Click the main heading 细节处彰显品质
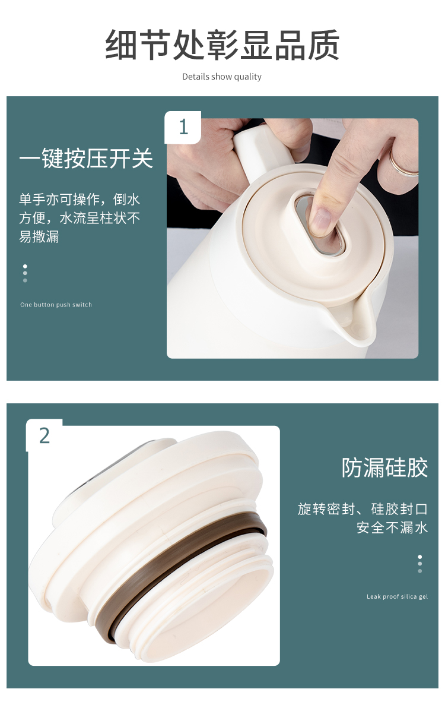(x=222, y=45)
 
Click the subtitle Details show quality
(x=222, y=77)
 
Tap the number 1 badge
(x=183, y=127)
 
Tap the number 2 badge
(x=44, y=436)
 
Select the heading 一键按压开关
(x=86, y=159)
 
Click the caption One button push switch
(x=56, y=305)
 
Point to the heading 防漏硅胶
(x=384, y=467)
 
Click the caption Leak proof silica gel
(x=397, y=596)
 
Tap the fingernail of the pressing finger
(x=320, y=221)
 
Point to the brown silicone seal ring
(x=180, y=573)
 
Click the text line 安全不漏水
(x=392, y=527)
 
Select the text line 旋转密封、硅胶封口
(x=363, y=509)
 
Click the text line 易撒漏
(x=39, y=236)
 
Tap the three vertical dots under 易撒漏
(x=25, y=273)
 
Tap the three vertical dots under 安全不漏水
(x=419, y=564)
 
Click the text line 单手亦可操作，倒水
(x=80, y=199)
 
